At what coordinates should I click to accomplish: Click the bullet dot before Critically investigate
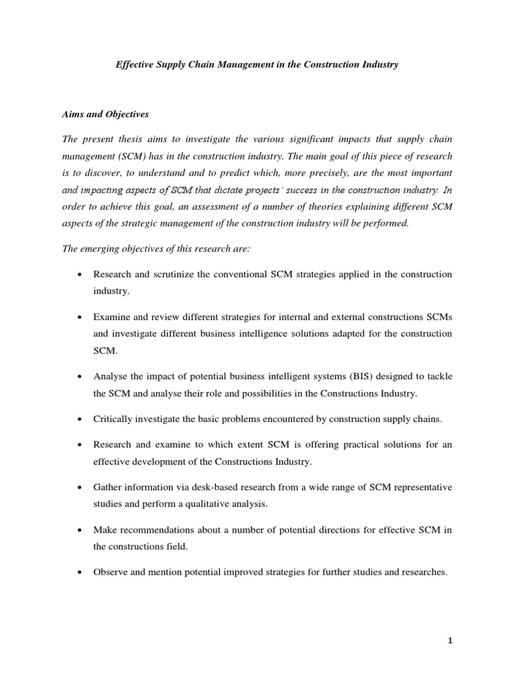[80, 419]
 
